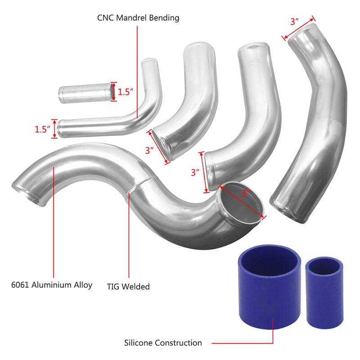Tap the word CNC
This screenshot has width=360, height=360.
pos(105,18)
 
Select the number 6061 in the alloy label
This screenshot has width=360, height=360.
pos(21,285)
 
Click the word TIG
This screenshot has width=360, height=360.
pos(113,286)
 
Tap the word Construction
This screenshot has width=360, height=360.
pos(179,343)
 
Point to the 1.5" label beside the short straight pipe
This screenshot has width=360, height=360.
pos(126,92)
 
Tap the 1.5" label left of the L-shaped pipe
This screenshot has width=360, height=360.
pos(43,130)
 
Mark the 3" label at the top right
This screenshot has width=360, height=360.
pos(295,21)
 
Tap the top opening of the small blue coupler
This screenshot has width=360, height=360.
pos(323,266)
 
